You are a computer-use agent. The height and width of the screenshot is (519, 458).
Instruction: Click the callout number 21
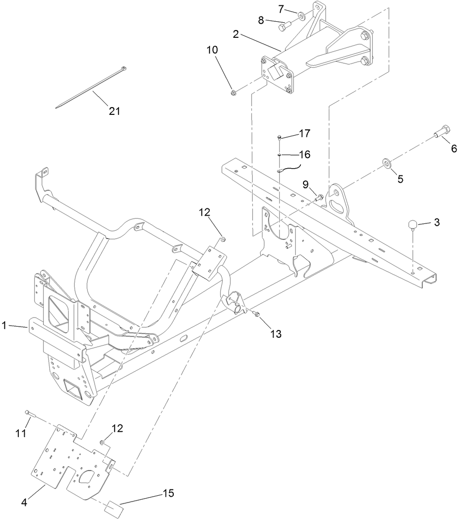pyautogui.click(x=114, y=111)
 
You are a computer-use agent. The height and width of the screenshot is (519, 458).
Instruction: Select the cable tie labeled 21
pyautogui.click(x=91, y=87)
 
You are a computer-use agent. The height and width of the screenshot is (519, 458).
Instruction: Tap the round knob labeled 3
pyautogui.click(x=412, y=224)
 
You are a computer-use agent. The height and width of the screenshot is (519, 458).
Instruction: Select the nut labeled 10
pyautogui.click(x=233, y=90)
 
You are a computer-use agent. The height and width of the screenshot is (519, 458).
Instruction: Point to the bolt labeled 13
pyautogui.click(x=257, y=315)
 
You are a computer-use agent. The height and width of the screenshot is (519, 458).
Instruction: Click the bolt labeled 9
pyautogui.click(x=320, y=197)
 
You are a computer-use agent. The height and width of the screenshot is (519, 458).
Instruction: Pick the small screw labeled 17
pyautogui.click(x=280, y=138)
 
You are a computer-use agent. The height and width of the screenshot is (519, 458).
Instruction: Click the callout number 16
pyautogui.click(x=304, y=155)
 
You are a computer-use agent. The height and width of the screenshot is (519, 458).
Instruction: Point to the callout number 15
pyautogui.click(x=168, y=493)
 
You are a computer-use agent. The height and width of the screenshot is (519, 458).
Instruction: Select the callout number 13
pyautogui.click(x=276, y=333)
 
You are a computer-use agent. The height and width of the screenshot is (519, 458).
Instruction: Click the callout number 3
pyautogui.click(x=436, y=222)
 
